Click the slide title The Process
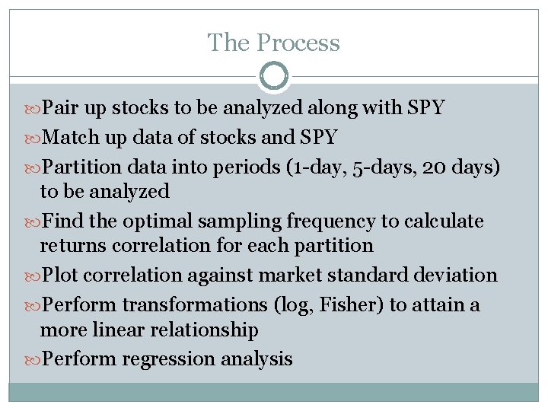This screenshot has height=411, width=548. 273,43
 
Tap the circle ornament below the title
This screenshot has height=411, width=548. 274,76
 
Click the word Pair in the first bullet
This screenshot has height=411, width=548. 60,108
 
